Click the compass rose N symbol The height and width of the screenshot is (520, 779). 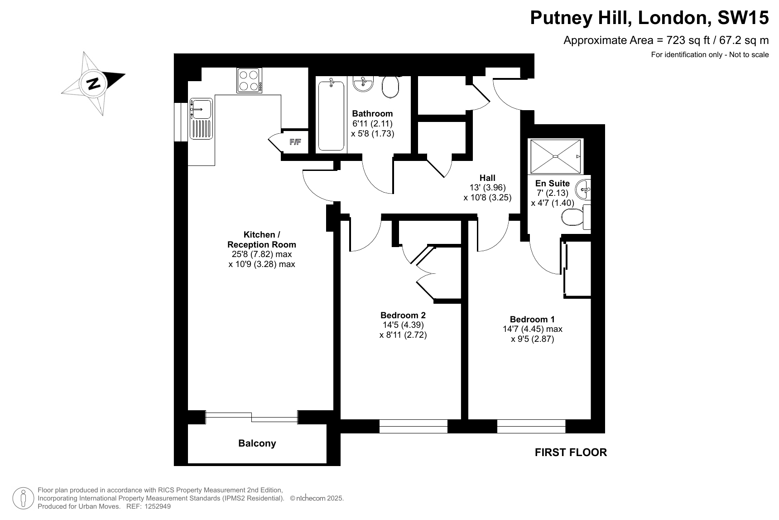pos(94,83)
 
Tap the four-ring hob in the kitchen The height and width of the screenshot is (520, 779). pos(249,80)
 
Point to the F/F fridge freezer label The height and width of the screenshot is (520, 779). pos(295,142)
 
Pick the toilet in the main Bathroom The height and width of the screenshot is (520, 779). pos(390,86)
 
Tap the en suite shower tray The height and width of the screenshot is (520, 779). pos(556,156)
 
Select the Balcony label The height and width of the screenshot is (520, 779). pos(257,443)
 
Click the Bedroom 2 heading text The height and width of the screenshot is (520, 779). pos(403,315)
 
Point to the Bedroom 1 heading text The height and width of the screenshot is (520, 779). pos(532,319)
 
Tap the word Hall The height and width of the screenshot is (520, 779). pos(487,178)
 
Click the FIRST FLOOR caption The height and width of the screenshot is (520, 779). pos(571,452)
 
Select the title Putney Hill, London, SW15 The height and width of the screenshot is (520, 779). pos(649,18)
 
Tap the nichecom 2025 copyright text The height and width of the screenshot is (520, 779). pos(317,498)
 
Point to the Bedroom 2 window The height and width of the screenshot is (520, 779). pos(413,426)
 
